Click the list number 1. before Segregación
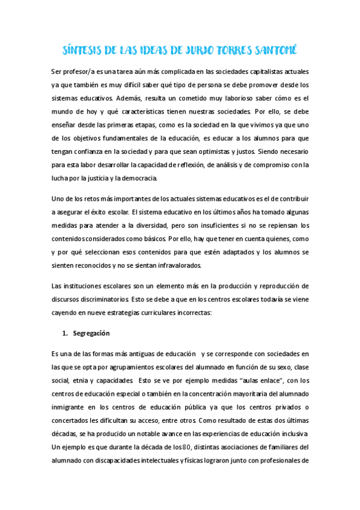(x=67, y=333)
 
